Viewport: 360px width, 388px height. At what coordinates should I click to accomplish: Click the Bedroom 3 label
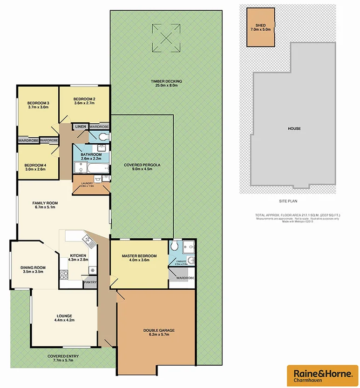click(x=38, y=103)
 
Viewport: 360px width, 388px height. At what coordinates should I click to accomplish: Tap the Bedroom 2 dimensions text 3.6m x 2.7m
click(x=84, y=103)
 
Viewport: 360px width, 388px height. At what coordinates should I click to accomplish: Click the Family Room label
click(x=44, y=203)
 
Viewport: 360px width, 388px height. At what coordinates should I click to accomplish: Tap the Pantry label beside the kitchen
click(x=89, y=282)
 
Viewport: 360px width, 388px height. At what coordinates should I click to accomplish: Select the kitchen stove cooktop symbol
click(x=92, y=270)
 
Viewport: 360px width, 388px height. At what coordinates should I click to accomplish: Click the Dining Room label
click(x=33, y=267)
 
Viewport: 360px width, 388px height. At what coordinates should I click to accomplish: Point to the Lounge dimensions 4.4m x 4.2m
click(x=64, y=320)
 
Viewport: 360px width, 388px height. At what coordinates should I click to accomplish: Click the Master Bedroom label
click(x=139, y=256)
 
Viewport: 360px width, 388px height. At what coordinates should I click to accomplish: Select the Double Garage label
click(x=159, y=330)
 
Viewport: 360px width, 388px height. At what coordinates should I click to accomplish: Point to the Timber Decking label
click(x=166, y=81)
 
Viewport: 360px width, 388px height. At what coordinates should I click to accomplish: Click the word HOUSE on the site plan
click(x=293, y=128)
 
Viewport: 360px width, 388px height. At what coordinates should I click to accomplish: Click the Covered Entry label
click(x=63, y=356)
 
